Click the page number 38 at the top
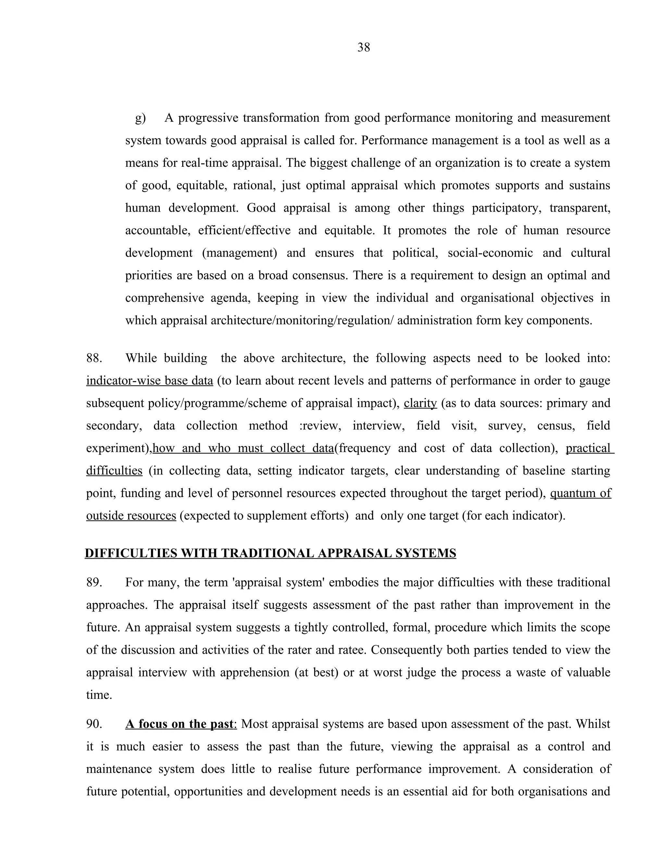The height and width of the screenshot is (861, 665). click(363, 48)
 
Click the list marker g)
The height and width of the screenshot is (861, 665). click(140, 118)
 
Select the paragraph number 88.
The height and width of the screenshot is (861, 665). click(94, 358)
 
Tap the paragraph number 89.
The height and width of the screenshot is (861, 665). click(94, 583)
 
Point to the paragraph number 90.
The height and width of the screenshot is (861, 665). click(94, 724)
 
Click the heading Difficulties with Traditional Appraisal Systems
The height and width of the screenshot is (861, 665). click(270, 554)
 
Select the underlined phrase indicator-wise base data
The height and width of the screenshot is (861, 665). click(150, 381)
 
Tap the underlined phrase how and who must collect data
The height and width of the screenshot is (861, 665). click(243, 448)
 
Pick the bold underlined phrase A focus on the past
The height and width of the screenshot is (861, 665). click(181, 724)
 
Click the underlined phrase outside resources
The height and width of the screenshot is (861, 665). click(131, 516)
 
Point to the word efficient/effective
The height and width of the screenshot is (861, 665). click(244, 231)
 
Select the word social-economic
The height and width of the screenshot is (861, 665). click(490, 253)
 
